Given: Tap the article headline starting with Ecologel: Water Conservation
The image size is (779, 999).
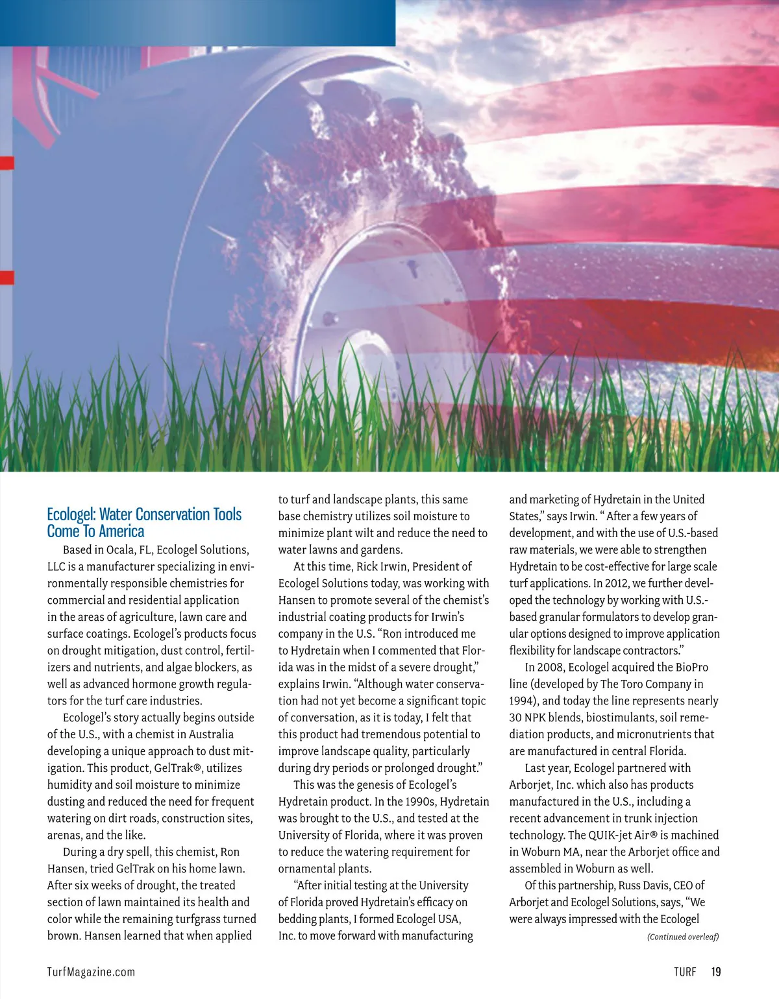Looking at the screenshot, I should tap(143, 523).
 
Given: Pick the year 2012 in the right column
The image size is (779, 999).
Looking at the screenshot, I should tap(617, 583).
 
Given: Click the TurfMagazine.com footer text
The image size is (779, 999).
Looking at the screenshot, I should tap(91, 972).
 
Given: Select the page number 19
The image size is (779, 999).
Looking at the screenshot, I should tap(715, 972).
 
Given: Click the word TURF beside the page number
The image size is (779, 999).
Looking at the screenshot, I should tap(685, 972).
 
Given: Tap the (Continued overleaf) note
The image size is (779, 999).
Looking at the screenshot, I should tap(683, 937).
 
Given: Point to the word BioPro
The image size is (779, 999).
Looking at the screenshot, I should tap(690, 667).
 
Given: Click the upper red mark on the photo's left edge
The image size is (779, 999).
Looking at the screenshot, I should tap(6, 163).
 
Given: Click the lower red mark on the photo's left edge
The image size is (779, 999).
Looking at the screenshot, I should tap(6, 278).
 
